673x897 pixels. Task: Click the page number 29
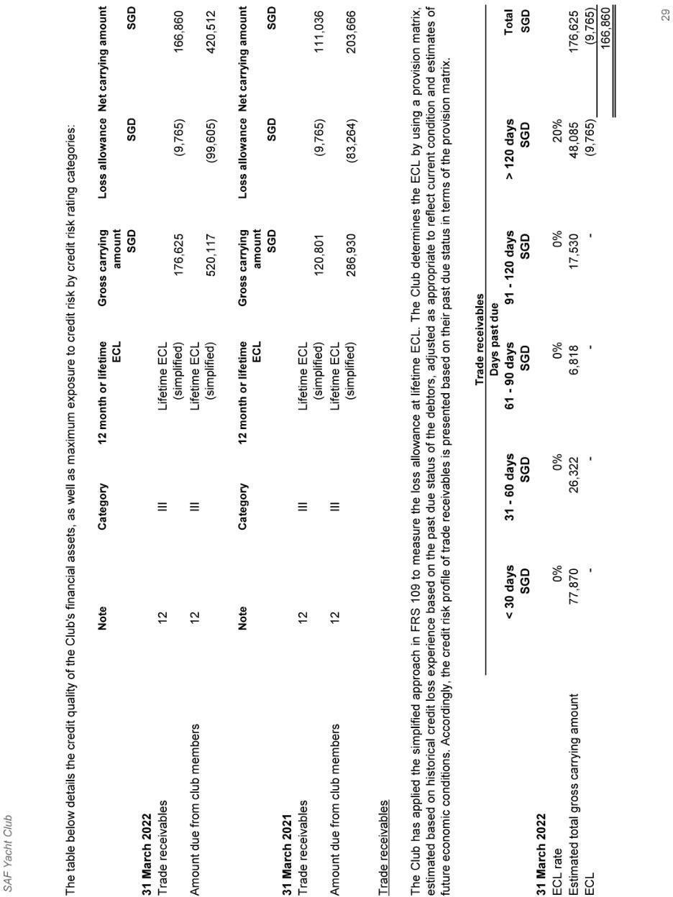tap(665, 14)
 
